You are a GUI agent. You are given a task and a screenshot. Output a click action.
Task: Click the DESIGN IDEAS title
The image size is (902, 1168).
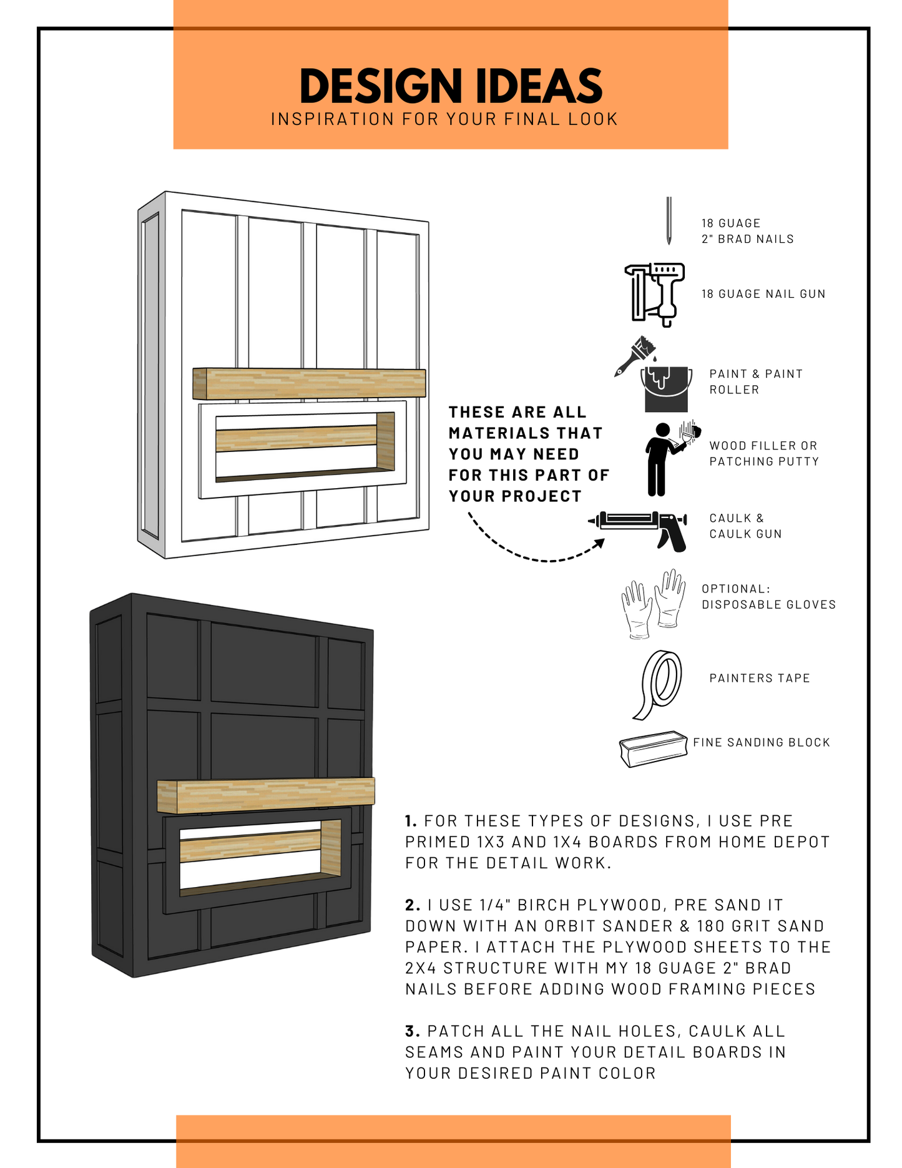click(x=451, y=86)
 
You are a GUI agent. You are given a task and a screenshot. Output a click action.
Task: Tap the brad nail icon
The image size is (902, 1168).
click(x=669, y=221)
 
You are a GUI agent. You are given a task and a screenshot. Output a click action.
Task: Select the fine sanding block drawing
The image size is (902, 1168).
click(x=653, y=748)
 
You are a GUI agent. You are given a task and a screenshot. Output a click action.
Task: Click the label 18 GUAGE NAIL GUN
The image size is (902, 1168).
click(x=763, y=294)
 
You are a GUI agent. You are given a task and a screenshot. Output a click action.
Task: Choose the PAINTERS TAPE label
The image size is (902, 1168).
click(x=759, y=678)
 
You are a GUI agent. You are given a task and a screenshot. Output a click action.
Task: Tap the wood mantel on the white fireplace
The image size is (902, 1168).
click(x=310, y=383)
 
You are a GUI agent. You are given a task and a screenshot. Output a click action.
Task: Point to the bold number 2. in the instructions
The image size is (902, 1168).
click(x=413, y=905)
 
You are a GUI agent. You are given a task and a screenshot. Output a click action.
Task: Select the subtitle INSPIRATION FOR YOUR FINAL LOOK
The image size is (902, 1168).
click(x=444, y=119)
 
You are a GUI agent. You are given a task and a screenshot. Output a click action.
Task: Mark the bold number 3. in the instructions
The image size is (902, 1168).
click(x=413, y=1031)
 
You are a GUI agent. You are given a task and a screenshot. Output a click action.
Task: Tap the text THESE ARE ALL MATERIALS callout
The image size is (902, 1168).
click(x=527, y=454)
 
